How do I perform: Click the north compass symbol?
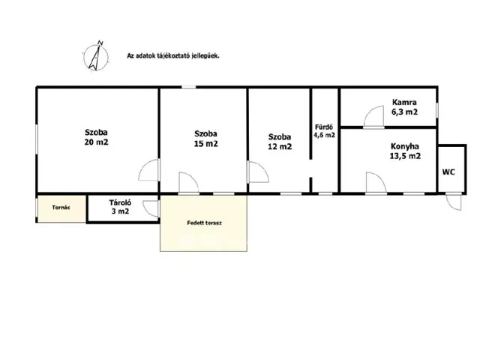coord(96,56)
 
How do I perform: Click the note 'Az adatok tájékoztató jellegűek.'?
coord(173,56)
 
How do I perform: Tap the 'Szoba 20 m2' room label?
coord(97,137)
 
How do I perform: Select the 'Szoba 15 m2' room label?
coord(206,138)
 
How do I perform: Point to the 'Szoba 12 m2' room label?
coord(280,142)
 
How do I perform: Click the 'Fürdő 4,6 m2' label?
coord(325,131)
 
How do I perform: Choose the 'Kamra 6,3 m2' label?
coord(404,106)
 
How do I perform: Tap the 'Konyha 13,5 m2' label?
coord(405,151)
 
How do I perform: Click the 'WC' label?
coord(448,172)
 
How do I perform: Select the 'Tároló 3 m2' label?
coord(120,207)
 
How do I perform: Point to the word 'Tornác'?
coord(61,208)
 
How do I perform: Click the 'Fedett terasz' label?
coord(204,223)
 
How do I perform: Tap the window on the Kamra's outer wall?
coord(437,110)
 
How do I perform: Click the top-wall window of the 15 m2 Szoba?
coord(189,87)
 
